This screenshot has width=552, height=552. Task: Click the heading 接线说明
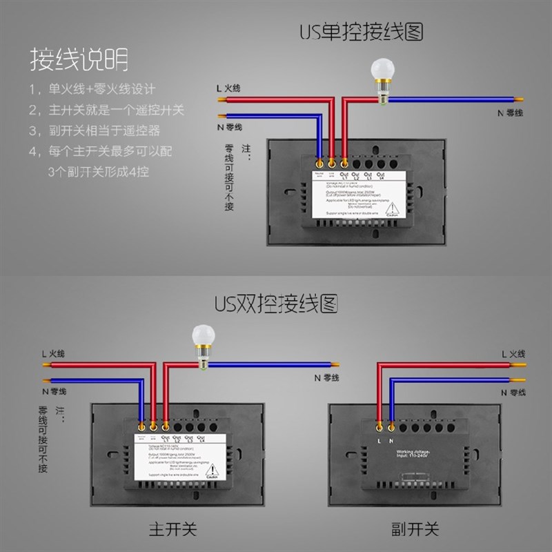pos(78,60)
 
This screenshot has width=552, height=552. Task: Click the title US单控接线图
pos(360,32)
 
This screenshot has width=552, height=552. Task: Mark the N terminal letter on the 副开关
pos(391,440)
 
